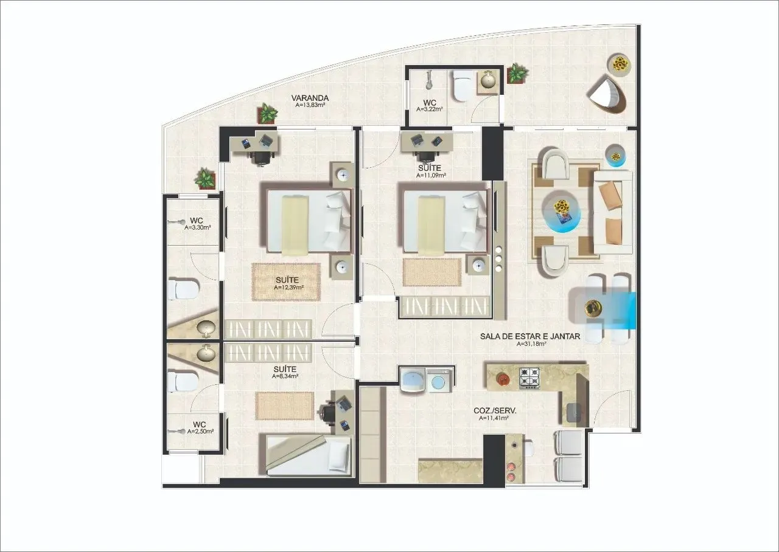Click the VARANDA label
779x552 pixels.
(310, 98)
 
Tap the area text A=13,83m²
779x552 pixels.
(310, 105)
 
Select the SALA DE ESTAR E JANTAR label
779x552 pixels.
(529, 336)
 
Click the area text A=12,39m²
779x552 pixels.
(288, 288)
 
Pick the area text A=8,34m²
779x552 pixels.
(285, 376)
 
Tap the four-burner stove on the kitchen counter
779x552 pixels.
(529, 378)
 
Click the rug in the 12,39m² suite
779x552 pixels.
(286, 281)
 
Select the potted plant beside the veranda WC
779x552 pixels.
(517, 74)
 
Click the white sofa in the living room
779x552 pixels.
(613, 212)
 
